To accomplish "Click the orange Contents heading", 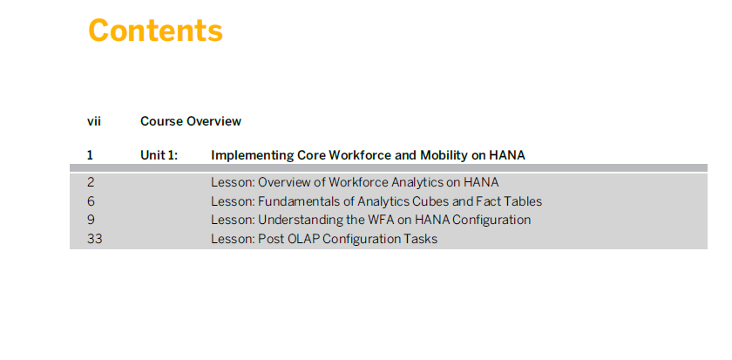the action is click(x=155, y=31).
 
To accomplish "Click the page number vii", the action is click(x=94, y=121).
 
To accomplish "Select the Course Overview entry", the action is click(x=191, y=121).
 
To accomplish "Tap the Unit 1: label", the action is click(x=159, y=155).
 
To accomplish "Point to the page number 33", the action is click(x=94, y=239).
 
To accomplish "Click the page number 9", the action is click(x=91, y=220).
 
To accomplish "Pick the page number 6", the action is click(x=91, y=201).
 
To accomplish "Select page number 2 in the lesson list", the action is click(x=91, y=182).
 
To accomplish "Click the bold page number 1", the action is click(x=90, y=155).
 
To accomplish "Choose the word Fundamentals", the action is click(x=290, y=201).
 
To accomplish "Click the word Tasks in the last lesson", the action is click(x=424, y=239).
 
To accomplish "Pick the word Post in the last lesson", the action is click(x=271, y=239).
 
